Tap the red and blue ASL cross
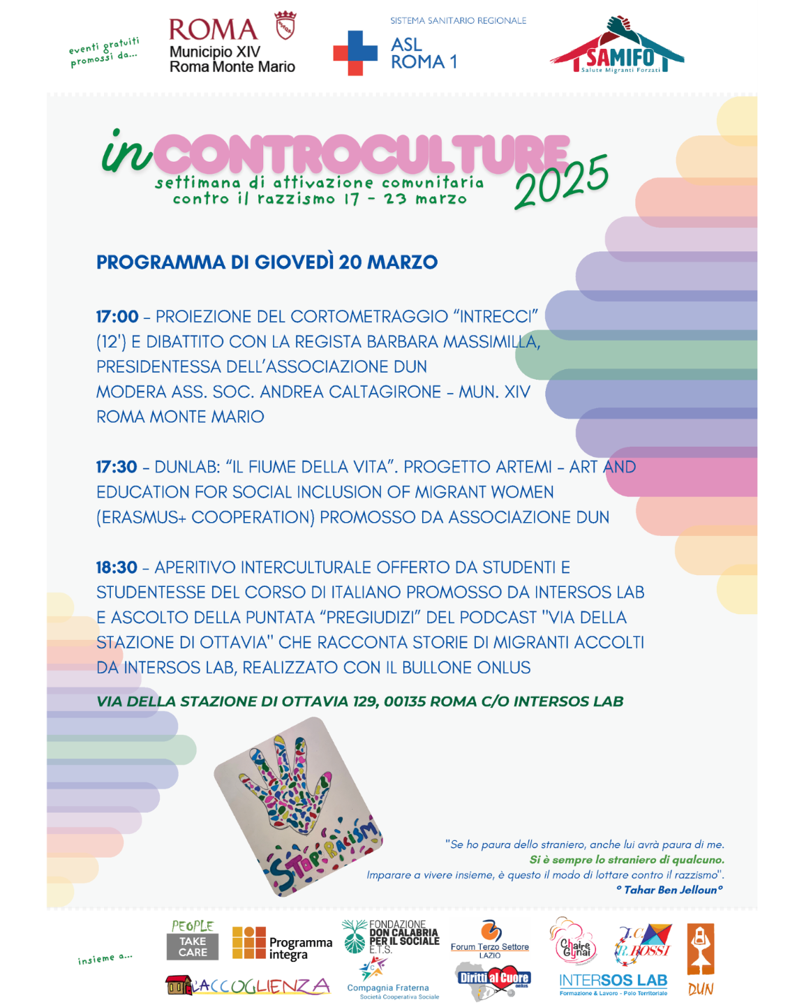[x=355, y=53]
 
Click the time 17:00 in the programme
[x=117, y=317]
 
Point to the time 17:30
[x=117, y=467]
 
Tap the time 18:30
[x=117, y=567]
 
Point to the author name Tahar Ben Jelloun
[x=670, y=890]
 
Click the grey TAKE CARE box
[x=193, y=946]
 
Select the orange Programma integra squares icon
[x=248, y=943]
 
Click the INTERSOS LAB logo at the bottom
[x=613, y=983]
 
